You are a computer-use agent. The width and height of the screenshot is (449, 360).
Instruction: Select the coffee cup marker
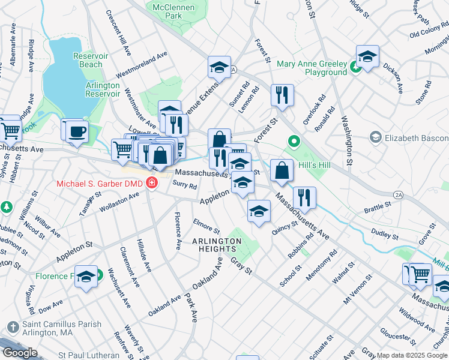pyautogui.click(x=76, y=131)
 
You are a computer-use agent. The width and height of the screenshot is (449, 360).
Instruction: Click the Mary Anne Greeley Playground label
pyautogui.click(x=312, y=68)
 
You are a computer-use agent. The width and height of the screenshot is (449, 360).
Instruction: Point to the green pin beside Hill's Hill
pyautogui.click(x=294, y=142)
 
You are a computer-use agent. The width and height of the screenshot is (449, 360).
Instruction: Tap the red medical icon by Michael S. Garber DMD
pyautogui.click(x=152, y=182)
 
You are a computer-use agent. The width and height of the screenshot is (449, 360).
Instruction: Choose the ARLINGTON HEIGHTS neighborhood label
pyautogui.click(x=217, y=245)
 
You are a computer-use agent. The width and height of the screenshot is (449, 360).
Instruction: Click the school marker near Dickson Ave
pyautogui.click(x=367, y=57)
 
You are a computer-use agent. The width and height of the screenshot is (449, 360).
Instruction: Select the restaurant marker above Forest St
pyautogui.click(x=282, y=95)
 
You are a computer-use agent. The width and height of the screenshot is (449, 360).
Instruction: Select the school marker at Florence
pyautogui.click(x=86, y=277)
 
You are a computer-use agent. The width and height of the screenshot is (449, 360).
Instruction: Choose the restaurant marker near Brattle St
pyautogui.click(x=305, y=198)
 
